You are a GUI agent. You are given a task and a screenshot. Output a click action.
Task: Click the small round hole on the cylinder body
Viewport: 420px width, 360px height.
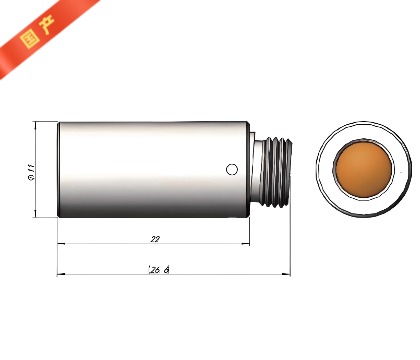pos(231,167)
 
